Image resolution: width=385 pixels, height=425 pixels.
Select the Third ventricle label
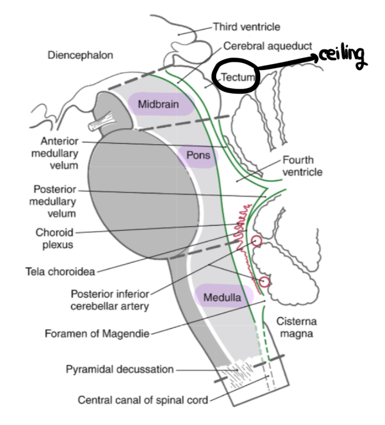click(x=246, y=27)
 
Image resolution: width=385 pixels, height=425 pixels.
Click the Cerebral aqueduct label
click(x=268, y=46)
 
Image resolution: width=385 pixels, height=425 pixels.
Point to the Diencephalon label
click(x=80, y=55)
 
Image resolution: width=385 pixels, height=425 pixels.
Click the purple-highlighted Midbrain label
click(x=158, y=104)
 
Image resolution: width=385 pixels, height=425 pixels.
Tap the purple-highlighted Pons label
click(x=198, y=155)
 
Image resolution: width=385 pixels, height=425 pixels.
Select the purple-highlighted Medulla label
click(x=222, y=297)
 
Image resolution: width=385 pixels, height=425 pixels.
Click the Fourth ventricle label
click(x=302, y=166)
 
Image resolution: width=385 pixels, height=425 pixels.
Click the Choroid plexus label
click(x=55, y=238)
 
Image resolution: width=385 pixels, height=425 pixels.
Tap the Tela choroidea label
click(x=60, y=272)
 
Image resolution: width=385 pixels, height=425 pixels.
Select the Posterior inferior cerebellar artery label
click(x=110, y=300)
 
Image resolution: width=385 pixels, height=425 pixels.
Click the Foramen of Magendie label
click(x=97, y=334)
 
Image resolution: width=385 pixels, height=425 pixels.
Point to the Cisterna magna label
click(x=296, y=327)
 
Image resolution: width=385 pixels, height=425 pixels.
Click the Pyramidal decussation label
click(x=120, y=369)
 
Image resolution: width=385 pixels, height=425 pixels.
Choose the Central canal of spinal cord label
click(x=143, y=400)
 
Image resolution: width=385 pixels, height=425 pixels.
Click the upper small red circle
click(x=257, y=240)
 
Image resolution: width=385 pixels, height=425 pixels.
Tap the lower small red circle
click(x=264, y=281)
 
